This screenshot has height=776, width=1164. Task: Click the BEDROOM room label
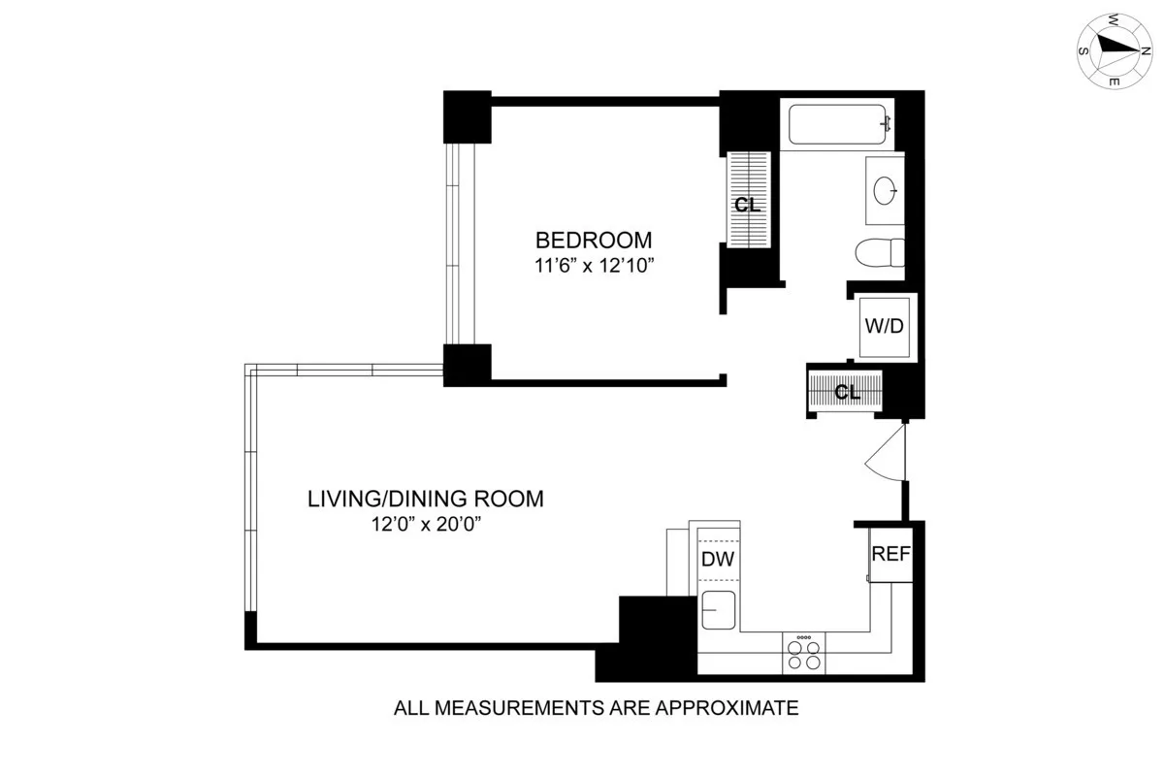(595, 240)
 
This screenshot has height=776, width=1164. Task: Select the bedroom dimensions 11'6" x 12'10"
(595, 265)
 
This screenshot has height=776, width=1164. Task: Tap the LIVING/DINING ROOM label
(426, 500)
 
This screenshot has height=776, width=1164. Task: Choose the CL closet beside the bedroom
(747, 205)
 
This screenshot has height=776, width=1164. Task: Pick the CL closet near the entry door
(847, 392)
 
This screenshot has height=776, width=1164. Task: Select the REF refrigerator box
(890, 555)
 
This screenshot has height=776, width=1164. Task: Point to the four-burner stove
(803, 653)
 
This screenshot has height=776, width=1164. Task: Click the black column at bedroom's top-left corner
(468, 115)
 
